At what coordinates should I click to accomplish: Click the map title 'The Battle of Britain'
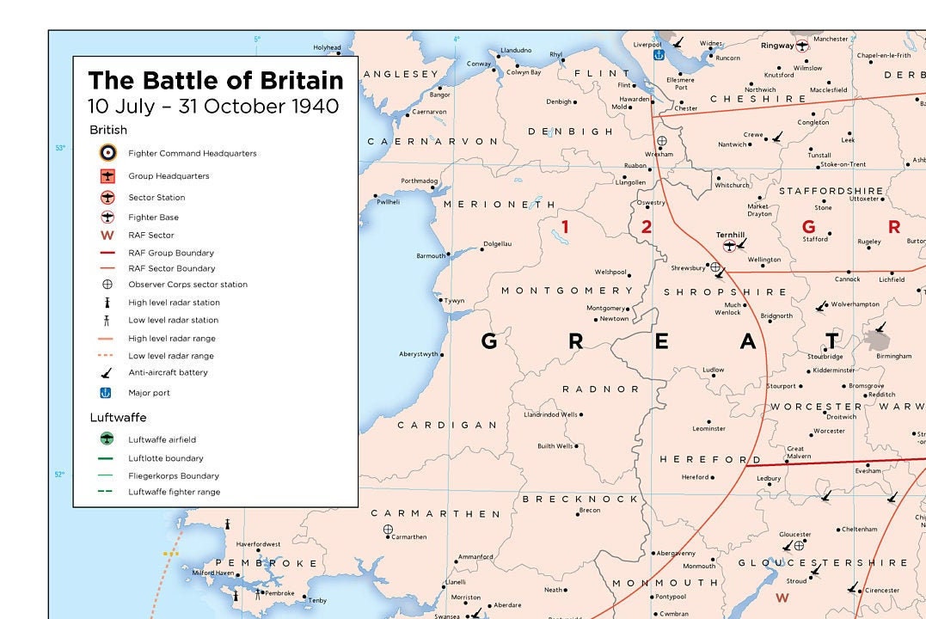(215, 81)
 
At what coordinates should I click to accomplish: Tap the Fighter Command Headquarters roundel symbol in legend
(107, 153)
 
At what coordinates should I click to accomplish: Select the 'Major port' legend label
(150, 393)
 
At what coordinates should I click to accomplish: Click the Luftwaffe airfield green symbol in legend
(107, 439)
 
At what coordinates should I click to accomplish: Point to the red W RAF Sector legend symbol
(107, 235)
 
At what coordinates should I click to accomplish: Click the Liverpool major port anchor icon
(659, 55)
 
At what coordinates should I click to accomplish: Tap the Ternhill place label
(729, 235)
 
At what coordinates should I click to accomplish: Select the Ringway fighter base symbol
(802, 45)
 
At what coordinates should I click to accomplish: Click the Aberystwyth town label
(419, 354)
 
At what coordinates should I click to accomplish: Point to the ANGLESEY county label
(401, 75)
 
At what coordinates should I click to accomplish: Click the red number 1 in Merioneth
(565, 227)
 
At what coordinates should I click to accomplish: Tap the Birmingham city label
(893, 356)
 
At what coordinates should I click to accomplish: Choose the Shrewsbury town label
(688, 268)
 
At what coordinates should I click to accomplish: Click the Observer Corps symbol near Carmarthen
(388, 530)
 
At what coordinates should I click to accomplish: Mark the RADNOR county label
(601, 389)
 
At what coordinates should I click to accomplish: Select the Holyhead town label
(327, 47)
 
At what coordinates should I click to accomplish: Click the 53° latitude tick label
(60, 148)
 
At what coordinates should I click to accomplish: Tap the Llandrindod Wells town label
(550, 414)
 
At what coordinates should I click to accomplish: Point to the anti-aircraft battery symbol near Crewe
(777, 136)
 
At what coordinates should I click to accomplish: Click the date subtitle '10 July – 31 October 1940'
(213, 107)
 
